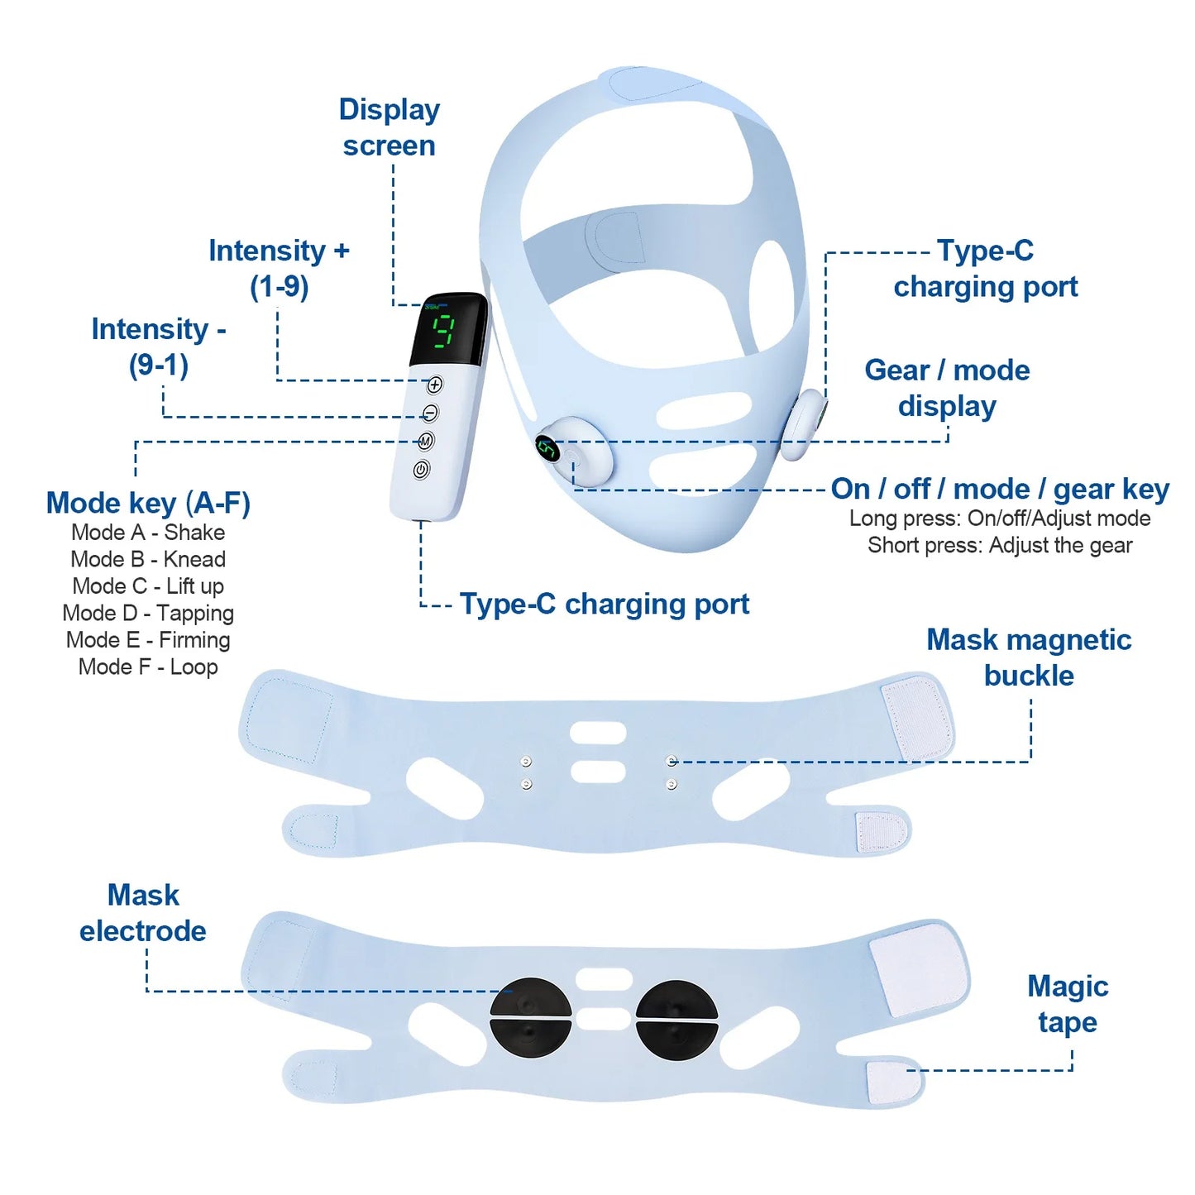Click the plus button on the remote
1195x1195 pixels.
435,385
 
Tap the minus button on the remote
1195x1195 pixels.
430,413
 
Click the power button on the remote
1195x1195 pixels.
421,470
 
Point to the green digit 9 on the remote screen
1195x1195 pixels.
445,331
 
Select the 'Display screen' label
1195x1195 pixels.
389,127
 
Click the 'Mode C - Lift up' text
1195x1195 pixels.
148,586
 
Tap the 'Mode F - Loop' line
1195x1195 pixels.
148,667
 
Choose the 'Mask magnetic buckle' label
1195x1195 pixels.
1029,657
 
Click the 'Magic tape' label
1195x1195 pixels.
1067,1004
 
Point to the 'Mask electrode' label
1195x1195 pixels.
143,913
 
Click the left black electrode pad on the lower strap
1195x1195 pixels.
530,1019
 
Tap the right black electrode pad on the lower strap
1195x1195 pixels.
676,1019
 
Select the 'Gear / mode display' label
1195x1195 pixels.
947,388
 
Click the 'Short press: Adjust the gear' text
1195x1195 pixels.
1000,546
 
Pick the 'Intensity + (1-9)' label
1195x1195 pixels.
279,268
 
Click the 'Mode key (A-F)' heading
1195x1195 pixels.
148,503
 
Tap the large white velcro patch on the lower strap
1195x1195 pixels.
919,968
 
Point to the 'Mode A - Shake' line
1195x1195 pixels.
148,533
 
